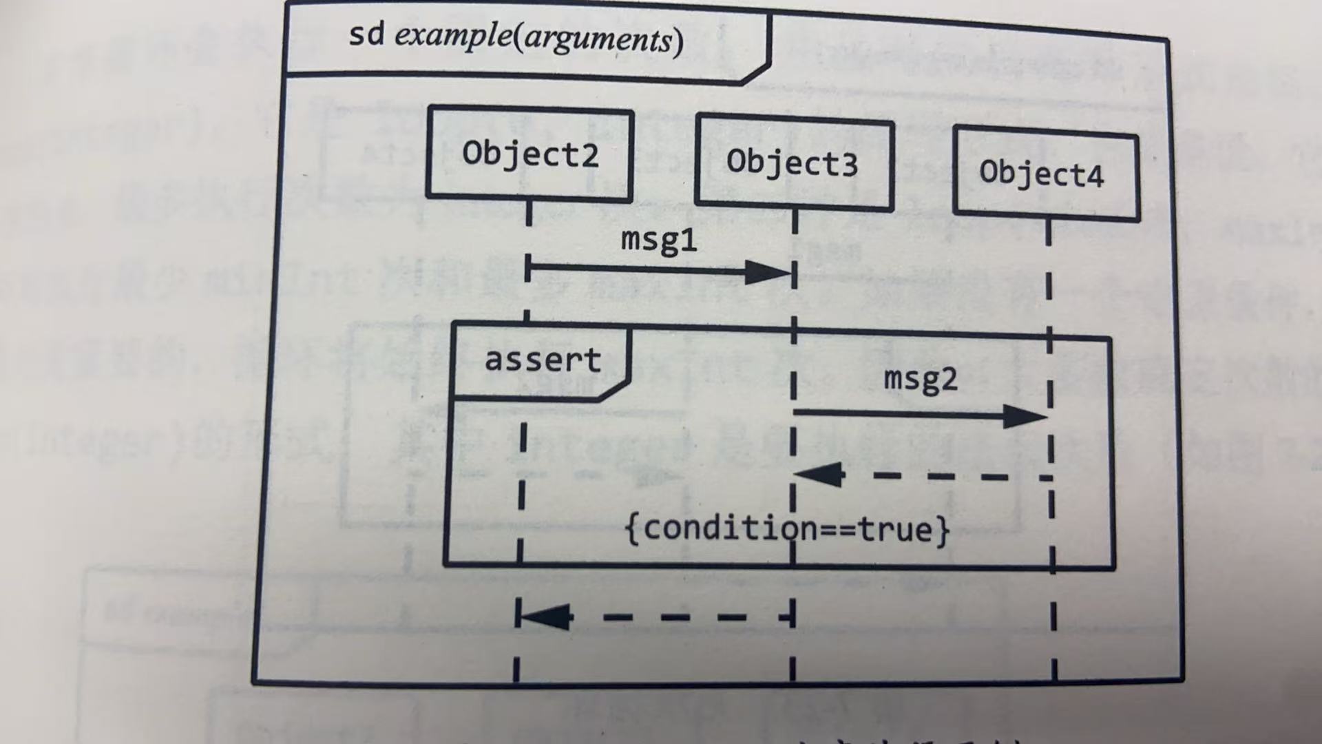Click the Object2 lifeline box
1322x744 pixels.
[x=529, y=154]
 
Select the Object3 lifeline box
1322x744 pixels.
[x=793, y=163]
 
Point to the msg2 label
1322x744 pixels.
[x=921, y=380]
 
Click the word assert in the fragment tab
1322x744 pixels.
[x=543, y=360]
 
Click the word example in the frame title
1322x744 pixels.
[x=452, y=35]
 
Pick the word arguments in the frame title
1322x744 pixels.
[x=598, y=39]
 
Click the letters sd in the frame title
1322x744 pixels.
[x=366, y=34]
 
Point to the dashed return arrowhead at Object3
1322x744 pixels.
[x=819, y=475]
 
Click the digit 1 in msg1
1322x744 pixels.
[x=688, y=240]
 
